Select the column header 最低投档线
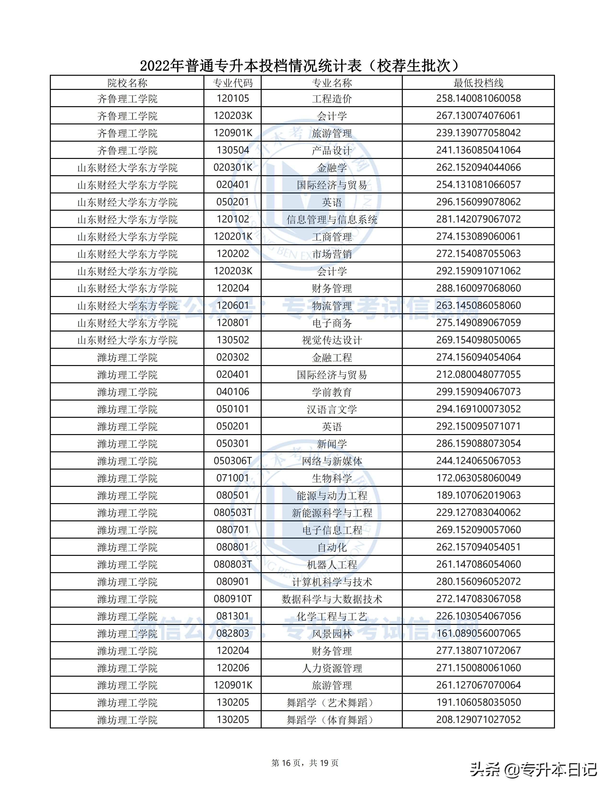(x=478, y=83)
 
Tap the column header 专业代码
(x=233, y=83)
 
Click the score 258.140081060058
(x=478, y=99)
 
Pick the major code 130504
(x=233, y=150)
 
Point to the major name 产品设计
(x=332, y=150)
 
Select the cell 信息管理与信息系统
(x=332, y=220)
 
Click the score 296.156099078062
(x=478, y=202)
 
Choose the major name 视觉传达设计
(x=332, y=340)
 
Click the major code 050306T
(x=233, y=461)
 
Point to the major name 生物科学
(x=332, y=478)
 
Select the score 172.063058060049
(x=478, y=478)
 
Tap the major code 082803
(x=233, y=634)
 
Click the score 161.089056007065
(x=478, y=634)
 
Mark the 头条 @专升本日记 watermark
(x=533, y=769)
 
